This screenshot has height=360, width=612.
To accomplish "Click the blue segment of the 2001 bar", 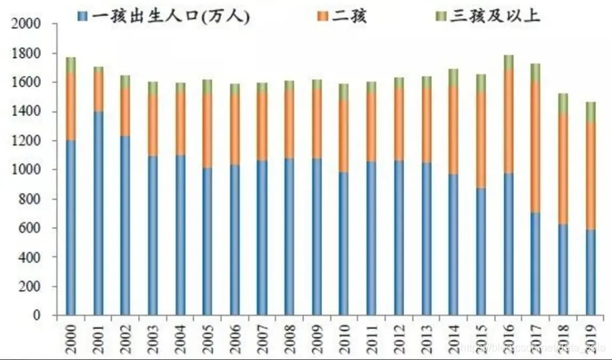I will pos(98,213).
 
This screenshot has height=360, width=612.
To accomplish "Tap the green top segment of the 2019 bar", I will pos(590,112).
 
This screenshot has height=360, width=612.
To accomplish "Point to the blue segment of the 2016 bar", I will pos(508,244).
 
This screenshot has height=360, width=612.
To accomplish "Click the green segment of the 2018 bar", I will pos(562,103).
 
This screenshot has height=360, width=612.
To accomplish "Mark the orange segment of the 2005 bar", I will pos(207,130).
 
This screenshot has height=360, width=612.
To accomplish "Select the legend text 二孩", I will pos(351,15).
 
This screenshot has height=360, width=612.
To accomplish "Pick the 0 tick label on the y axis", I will pos(36,315).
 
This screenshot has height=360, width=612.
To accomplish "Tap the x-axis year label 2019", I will pos(590,338).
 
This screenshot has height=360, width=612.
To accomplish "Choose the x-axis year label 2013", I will pos(426,338).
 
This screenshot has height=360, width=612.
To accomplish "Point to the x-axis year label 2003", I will pos(153,338).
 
